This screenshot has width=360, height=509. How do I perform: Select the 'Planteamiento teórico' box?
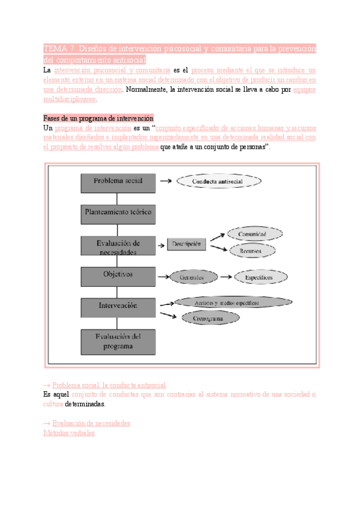point(119,213)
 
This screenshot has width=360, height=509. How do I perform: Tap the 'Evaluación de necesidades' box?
point(119,246)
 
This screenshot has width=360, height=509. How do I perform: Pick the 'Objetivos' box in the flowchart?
point(119,276)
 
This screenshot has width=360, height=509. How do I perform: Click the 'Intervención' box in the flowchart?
point(119,307)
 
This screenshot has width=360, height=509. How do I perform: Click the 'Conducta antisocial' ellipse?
point(218,181)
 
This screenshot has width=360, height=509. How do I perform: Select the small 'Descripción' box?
point(187,244)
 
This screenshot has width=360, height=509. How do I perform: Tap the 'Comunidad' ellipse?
point(251,233)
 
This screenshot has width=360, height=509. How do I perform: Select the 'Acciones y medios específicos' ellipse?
point(234,303)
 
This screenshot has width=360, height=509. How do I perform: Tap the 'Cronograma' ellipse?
point(208,319)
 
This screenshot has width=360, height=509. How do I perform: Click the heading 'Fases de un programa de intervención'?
point(99,118)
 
